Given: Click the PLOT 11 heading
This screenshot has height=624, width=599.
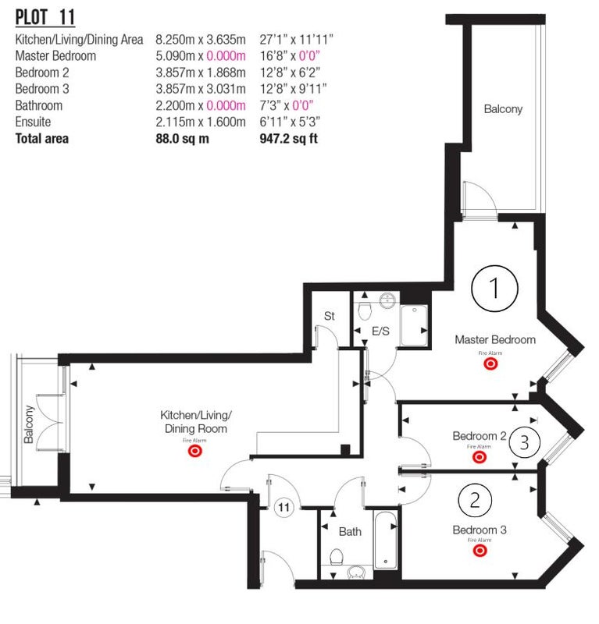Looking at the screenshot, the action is coord(45,17).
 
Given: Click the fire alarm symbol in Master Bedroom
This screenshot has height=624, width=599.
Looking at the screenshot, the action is coord(490,363).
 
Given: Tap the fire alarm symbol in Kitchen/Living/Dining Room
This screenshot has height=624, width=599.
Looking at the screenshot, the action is coord(195,451).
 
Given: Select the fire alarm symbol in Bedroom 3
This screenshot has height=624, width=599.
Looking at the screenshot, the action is coord(480,551).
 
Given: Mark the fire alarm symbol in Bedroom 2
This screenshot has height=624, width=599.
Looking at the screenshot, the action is coord(479,457).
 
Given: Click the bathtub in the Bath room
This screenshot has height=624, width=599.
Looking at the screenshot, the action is coord(385,540).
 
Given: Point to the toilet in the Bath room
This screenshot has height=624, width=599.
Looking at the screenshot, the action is coord(337,557).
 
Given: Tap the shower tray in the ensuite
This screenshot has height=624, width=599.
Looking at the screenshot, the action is coord(414,325).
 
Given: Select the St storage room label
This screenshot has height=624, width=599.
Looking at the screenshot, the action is coord(330,316).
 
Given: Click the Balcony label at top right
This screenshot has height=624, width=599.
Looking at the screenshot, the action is coord(503,109).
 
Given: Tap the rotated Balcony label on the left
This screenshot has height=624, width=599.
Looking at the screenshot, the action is coord(29,424).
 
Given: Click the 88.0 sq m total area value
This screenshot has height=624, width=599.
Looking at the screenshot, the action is coord(182,139).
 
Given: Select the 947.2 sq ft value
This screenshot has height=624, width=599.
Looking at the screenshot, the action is coord(288,139).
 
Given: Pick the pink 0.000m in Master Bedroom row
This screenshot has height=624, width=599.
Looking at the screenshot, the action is coord(226,55).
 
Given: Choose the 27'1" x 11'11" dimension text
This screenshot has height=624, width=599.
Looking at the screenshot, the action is coord(296,40).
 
